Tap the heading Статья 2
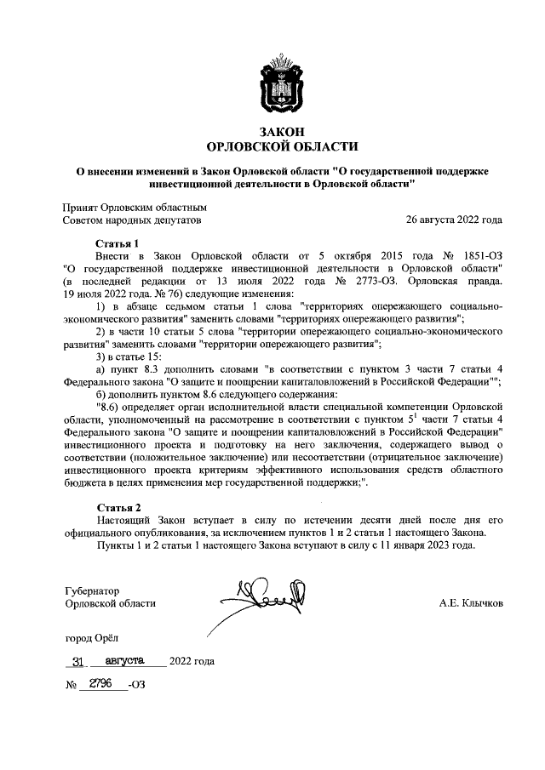click(118, 508)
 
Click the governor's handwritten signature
click(271, 598)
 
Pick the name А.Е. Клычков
click(471, 603)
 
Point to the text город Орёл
click(93, 637)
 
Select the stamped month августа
click(124, 660)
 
